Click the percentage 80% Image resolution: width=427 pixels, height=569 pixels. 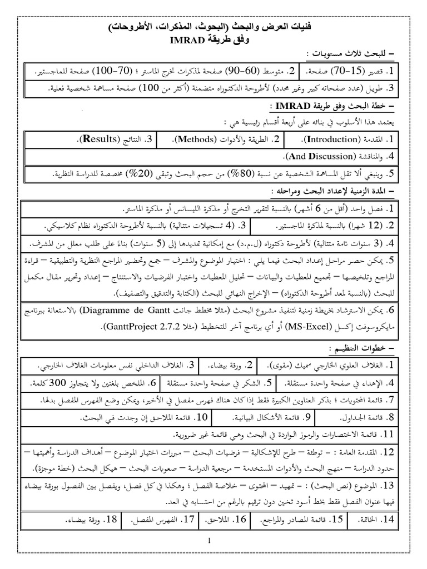pos(225,174)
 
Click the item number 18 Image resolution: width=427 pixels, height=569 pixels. pos(112,520)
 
